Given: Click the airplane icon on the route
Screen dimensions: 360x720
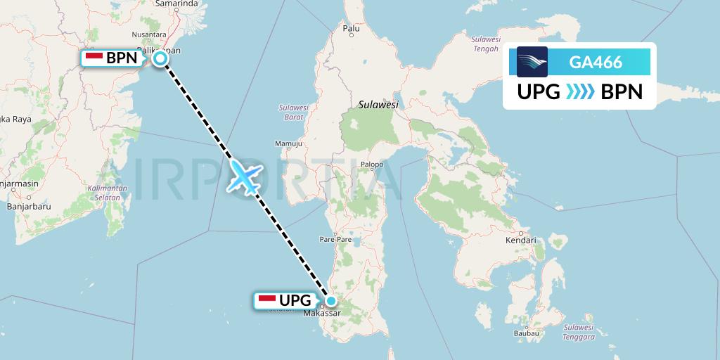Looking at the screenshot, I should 244,176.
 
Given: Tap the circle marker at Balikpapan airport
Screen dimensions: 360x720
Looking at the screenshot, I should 160,58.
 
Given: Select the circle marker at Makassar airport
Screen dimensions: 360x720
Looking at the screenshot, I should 331,300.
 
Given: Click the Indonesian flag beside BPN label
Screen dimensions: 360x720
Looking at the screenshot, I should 94,58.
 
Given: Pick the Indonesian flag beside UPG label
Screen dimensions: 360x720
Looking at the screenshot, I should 267,300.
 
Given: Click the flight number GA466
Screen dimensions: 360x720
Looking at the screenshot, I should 595,62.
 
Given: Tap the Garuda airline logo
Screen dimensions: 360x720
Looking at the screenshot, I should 532,62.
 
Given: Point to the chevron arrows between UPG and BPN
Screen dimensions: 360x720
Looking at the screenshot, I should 580,92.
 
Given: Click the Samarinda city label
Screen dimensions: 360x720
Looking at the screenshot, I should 176,4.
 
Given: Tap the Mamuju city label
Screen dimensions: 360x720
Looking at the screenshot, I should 288,144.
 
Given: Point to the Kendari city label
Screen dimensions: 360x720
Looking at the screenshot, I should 520,240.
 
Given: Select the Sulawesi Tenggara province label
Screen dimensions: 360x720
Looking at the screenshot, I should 578,332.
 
